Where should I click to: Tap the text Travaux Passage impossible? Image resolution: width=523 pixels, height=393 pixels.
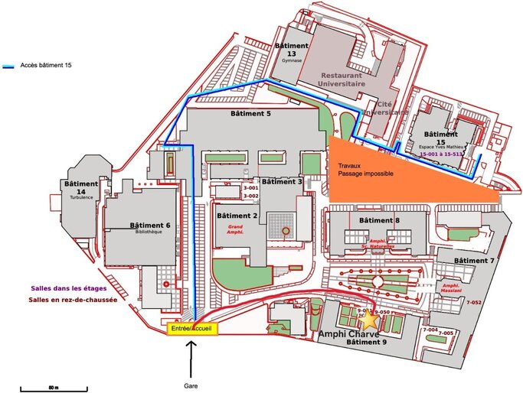pos(366,169)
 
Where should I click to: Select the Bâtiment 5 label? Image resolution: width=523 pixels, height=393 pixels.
pos(250,114)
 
